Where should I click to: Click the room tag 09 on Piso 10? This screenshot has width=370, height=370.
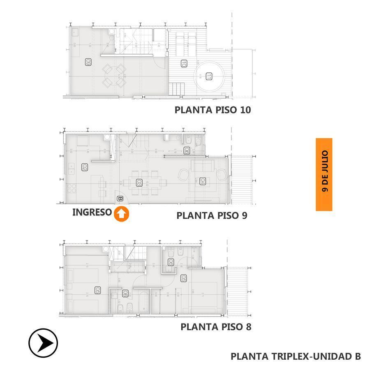pos(88,62)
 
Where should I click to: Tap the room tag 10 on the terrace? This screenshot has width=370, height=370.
pos(184,64)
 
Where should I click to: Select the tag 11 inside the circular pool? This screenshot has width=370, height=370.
pos(209,76)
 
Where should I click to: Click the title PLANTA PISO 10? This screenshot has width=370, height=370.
pos(213,110)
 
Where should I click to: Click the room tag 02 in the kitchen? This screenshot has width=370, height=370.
pos(84,167)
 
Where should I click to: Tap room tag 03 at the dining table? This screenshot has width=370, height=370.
pos(139,183)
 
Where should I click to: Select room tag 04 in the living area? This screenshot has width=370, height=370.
pos(202,181)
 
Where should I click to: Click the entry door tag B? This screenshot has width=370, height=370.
pos(120,199)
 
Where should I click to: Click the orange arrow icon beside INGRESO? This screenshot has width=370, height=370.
pos(122,214)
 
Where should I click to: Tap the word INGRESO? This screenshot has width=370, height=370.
pos(92,213)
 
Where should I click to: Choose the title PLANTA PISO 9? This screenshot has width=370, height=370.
pos(212,215)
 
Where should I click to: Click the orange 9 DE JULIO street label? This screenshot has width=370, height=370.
pos(324,174)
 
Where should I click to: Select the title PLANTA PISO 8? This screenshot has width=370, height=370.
pos(216,327)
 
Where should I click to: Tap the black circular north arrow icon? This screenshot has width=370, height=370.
pos(43,342)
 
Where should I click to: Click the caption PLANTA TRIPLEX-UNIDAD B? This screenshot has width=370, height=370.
pos(296,356)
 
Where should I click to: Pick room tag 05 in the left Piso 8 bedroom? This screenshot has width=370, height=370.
pos(97,290)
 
